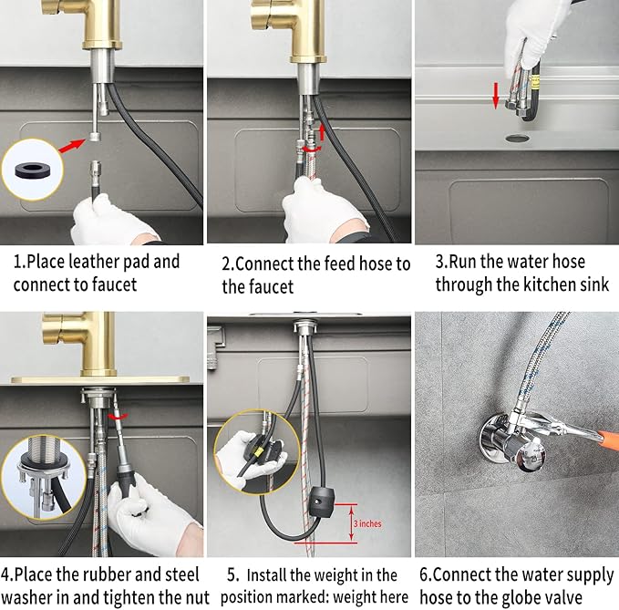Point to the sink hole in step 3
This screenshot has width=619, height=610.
click(516, 138)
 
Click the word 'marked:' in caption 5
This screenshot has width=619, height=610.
click(307, 597)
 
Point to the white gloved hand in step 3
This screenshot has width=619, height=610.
click(539, 27)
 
